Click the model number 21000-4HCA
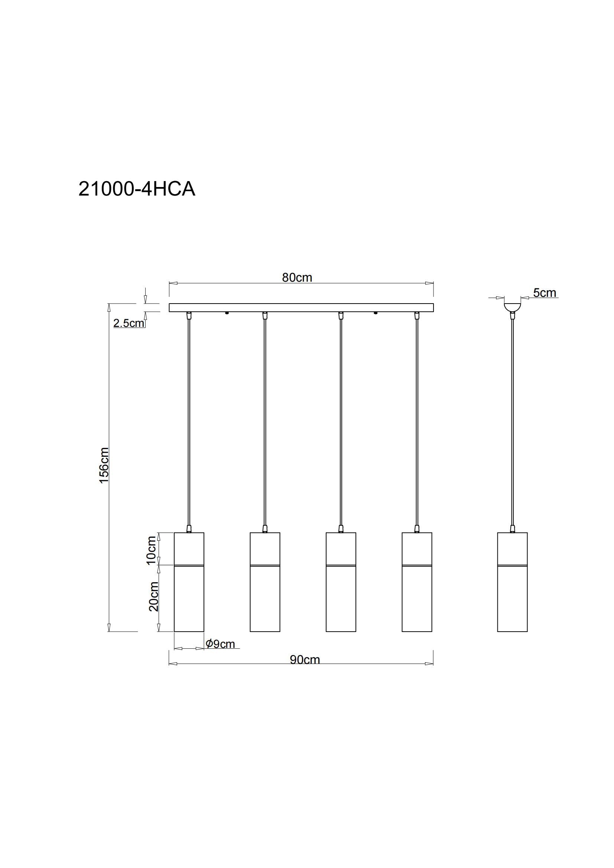[x=137, y=189]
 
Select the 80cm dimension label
[x=297, y=278]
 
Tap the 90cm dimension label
[x=305, y=660]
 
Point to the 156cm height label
[x=104, y=465]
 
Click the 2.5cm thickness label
[x=129, y=323]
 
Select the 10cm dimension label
[x=151, y=550]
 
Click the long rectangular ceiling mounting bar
[x=301, y=307]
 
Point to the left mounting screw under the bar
[x=227, y=313]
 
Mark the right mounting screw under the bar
[x=376, y=313]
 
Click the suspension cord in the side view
[x=513, y=416]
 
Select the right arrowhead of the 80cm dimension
[x=429, y=283]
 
